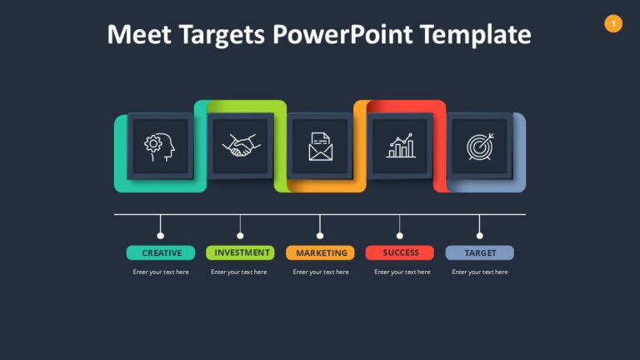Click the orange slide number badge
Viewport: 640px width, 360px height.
pyautogui.click(x=613, y=24)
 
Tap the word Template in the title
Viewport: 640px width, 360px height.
pyautogui.click(x=475, y=35)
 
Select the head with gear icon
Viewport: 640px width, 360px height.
pyautogui.click(x=160, y=147)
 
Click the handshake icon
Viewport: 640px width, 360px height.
pyautogui.click(x=240, y=147)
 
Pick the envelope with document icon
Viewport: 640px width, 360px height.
pyautogui.click(x=320, y=147)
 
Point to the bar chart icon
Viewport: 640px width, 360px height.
pyautogui.click(x=400, y=147)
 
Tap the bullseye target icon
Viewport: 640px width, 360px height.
pyautogui.click(x=480, y=147)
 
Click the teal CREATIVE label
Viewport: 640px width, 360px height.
pyautogui.click(x=161, y=252)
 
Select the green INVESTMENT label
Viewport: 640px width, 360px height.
pyautogui.click(x=241, y=252)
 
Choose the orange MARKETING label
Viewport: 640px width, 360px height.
pyautogui.click(x=320, y=252)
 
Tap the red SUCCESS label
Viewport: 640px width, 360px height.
pyautogui.click(x=400, y=252)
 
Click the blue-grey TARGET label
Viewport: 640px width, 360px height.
pyautogui.click(x=480, y=252)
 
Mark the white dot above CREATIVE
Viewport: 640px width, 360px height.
pyautogui.click(x=161, y=236)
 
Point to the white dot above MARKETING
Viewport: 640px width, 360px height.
pyautogui.click(x=320, y=236)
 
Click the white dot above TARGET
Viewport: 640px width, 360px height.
pyautogui.click(x=479, y=236)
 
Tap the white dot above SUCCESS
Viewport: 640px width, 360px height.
pyautogui.click(x=399, y=236)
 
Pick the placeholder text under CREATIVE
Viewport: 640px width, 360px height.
pyautogui.click(x=161, y=272)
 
